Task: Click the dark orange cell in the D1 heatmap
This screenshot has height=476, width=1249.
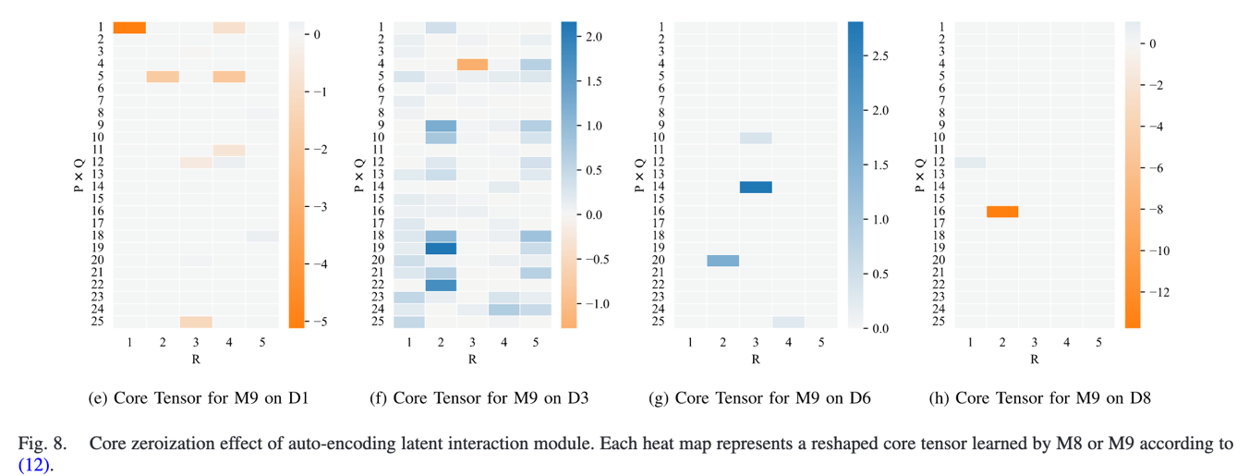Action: (x=129, y=28)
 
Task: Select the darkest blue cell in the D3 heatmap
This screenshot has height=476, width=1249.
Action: (x=442, y=249)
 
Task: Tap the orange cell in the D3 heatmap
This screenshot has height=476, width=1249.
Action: (x=473, y=64)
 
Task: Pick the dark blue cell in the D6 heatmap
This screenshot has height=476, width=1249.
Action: (x=756, y=188)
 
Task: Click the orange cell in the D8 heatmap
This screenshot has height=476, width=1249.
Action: (x=1002, y=212)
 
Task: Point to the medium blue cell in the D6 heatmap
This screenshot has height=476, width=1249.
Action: (x=723, y=261)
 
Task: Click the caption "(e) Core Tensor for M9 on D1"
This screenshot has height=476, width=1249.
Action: (x=198, y=399)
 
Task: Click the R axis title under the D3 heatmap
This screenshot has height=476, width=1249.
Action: (x=473, y=359)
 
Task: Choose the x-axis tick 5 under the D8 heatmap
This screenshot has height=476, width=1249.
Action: (x=1098, y=343)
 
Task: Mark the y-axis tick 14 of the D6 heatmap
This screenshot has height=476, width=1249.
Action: (x=661, y=188)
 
